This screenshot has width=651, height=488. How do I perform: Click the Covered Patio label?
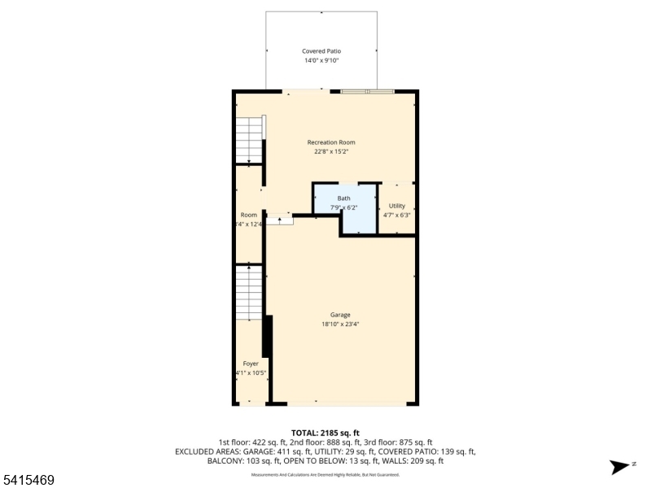point(321,51)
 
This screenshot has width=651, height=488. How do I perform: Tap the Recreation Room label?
point(331,142)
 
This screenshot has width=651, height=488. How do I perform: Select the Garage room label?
point(340,315)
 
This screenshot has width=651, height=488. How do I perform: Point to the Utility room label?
point(397,206)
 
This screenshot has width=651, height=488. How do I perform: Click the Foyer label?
point(251,364)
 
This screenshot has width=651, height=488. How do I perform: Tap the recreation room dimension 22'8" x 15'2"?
point(331,151)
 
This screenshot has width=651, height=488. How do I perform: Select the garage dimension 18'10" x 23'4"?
point(340,324)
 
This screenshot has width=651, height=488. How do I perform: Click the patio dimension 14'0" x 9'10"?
point(321,60)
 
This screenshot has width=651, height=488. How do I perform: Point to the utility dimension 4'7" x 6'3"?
point(397,216)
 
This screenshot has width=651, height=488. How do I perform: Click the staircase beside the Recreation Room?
point(250,139)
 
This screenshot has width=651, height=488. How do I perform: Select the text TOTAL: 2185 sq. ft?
point(325,433)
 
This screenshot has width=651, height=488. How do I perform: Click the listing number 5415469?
point(28,481)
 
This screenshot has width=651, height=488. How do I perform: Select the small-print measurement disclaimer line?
point(325,473)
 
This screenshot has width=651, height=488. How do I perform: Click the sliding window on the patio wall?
point(368,91)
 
